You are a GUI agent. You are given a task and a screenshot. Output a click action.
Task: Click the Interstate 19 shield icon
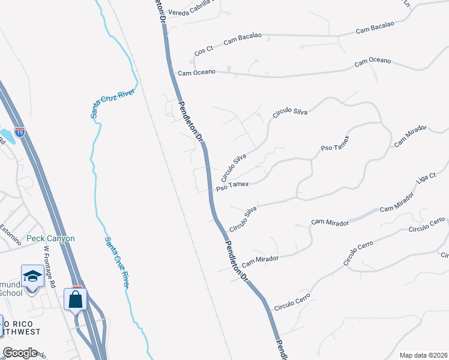[20, 132]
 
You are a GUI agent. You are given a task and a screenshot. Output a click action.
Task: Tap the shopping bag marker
[76, 299]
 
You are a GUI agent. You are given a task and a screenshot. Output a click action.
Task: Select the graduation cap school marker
[32, 277]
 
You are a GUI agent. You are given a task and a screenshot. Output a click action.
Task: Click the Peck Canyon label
[50, 238]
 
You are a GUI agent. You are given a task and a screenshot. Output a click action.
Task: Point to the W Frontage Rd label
[49, 266]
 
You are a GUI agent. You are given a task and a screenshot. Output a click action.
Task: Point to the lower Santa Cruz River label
[117, 262]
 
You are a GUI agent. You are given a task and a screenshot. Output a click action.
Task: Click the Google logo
[20, 353]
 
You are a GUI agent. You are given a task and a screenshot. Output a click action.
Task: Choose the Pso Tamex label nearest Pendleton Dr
[232, 187]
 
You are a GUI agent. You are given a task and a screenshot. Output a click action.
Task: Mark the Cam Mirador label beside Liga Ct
[397, 202]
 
